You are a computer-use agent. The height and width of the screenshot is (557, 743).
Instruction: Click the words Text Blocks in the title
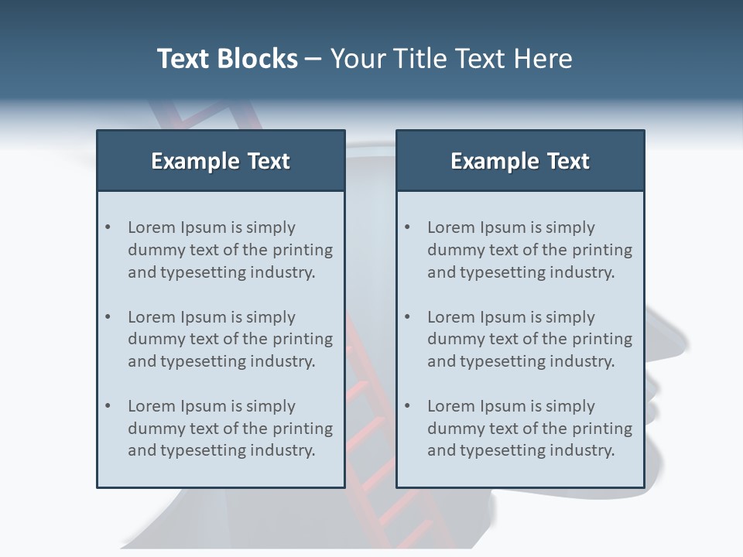pyautogui.click(x=227, y=59)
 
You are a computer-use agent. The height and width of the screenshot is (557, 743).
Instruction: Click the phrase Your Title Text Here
pyautogui.click(x=451, y=59)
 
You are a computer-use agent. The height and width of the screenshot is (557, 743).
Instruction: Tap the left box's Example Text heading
pyautogui.click(x=221, y=161)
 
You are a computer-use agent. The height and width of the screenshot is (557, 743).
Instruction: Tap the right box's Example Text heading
pyautogui.click(x=520, y=161)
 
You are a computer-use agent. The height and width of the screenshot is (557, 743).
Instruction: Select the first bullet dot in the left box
pyautogui.click(x=108, y=227)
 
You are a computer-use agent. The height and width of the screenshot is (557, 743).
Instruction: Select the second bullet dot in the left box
pyautogui.click(x=108, y=317)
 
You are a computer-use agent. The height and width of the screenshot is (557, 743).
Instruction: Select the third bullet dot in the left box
pyautogui.click(x=108, y=406)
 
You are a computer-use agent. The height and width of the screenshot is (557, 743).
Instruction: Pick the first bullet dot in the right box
pyautogui.click(x=408, y=227)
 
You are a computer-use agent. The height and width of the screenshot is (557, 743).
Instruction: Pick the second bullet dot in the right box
pyautogui.click(x=408, y=317)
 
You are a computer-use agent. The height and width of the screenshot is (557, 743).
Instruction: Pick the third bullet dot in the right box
pyautogui.click(x=408, y=406)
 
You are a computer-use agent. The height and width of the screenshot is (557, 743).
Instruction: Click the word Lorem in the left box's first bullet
pyautogui.click(x=152, y=227)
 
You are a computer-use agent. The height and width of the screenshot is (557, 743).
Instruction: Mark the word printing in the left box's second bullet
pyautogui.click(x=301, y=339)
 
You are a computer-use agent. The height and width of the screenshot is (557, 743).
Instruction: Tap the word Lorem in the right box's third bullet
pyautogui.click(x=451, y=406)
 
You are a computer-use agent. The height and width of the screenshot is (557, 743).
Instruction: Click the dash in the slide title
pyautogui.click(x=313, y=60)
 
